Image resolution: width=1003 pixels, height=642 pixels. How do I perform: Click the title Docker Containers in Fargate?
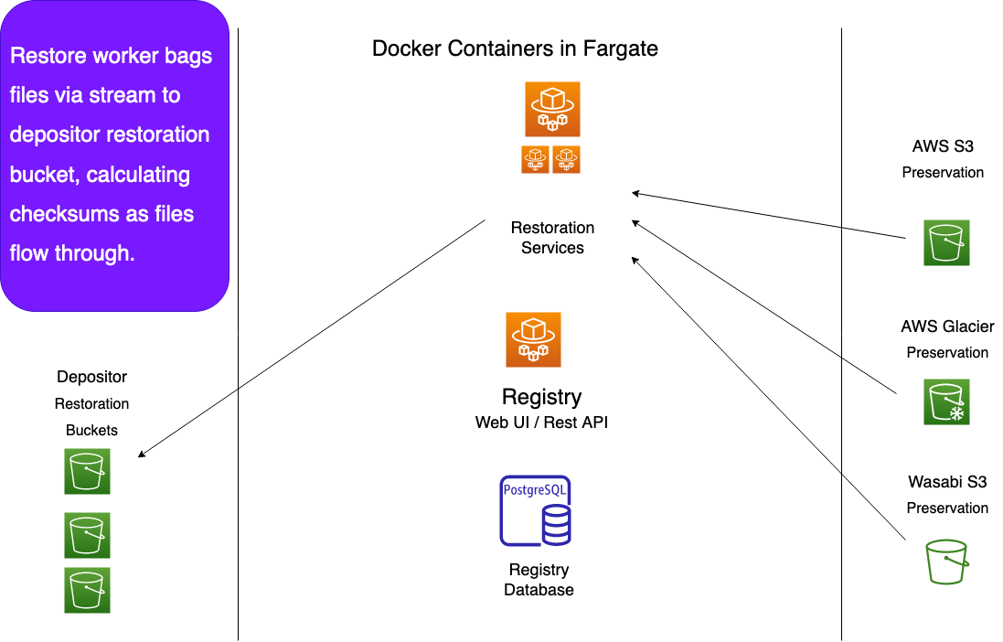coord(515,48)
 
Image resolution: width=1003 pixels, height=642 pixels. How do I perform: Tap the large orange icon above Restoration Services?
coord(552,109)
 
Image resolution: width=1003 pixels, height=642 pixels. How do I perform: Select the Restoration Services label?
coord(552,238)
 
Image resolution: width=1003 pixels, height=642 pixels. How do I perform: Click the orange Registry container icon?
coord(533,339)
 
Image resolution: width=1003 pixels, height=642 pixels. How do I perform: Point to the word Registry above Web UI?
coord(542,397)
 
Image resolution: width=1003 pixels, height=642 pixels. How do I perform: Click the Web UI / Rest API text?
coord(542,423)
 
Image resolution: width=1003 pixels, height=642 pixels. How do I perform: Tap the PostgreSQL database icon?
coord(536,510)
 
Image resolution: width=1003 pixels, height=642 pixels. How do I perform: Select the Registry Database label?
coord(539,579)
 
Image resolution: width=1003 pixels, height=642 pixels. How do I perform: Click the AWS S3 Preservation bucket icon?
coord(946,242)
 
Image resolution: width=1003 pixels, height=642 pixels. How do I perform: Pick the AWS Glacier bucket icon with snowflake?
coord(946,402)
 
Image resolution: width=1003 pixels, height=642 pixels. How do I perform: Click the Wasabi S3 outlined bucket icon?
coord(946,562)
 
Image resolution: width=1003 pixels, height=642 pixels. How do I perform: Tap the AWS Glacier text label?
coord(947,326)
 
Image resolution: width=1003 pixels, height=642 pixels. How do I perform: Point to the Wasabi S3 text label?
coord(947,481)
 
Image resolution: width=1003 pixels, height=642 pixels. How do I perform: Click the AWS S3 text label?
coord(943,146)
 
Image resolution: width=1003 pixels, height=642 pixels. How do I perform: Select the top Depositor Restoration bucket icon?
coord(87,471)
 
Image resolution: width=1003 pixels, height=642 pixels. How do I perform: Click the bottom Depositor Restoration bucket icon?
coord(87,590)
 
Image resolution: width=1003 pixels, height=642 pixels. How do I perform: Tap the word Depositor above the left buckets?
coord(91,377)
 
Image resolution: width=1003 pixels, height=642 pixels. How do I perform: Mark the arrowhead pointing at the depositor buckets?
coord(141,455)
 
